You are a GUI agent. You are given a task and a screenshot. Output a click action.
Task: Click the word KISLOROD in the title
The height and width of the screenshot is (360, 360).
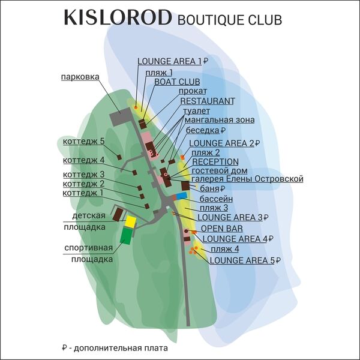point(117,18)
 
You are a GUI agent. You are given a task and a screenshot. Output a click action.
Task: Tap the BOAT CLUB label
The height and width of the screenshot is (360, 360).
point(177,81)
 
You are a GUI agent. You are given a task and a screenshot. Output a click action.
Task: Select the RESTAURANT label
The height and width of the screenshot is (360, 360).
point(207,101)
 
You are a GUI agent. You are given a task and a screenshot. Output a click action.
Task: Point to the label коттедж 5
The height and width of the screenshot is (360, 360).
point(83,141)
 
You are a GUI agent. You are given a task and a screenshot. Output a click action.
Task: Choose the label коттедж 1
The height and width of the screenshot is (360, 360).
point(83,193)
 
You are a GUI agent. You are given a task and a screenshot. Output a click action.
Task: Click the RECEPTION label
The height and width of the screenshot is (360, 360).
point(215,162)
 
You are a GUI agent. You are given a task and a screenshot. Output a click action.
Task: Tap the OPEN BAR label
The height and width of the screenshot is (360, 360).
point(221,229)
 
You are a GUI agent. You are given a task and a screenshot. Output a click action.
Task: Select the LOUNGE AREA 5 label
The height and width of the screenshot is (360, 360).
point(242,260)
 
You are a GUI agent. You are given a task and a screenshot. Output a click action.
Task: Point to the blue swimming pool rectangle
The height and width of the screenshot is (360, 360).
point(181,196)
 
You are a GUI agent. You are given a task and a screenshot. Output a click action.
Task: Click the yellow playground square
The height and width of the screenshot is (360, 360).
point(130,221)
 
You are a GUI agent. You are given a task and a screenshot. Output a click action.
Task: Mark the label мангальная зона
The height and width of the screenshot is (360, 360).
point(219,120)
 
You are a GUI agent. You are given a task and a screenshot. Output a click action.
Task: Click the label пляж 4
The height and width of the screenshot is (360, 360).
point(225,248)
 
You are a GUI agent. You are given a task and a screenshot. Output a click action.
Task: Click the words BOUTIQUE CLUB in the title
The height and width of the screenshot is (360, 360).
point(230,20)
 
